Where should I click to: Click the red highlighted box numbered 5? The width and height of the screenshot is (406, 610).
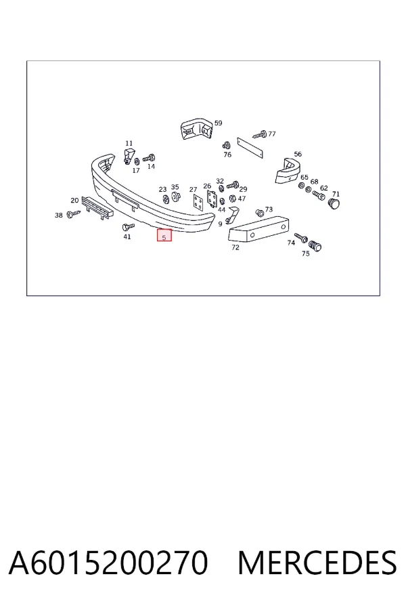(164, 235)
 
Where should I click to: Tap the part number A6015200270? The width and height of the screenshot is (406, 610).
(108, 563)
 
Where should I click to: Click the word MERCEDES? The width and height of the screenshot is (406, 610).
(317, 563)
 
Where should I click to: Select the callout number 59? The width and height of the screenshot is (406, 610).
(219, 123)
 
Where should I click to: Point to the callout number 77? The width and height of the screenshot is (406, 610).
(272, 134)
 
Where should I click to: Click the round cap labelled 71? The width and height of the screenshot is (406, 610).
(334, 203)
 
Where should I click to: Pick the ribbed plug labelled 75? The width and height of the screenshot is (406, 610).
(315, 246)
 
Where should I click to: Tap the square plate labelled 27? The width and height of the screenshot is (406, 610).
(198, 202)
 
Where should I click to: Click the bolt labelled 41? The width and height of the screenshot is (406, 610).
(128, 226)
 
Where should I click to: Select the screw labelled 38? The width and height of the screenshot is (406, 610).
(73, 213)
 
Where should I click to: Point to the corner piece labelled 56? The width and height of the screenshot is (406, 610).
(288, 171)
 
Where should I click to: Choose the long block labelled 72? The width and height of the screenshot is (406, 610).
(258, 229)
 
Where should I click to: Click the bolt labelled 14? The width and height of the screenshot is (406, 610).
(149, 159)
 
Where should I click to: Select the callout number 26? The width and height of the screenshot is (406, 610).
(207, 186)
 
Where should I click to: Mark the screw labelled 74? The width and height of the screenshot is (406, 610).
(301, 237)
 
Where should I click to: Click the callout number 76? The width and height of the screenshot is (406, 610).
(227, 155)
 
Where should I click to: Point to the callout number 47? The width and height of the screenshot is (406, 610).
(242, 199)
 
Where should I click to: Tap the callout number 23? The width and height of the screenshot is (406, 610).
(162, 190)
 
